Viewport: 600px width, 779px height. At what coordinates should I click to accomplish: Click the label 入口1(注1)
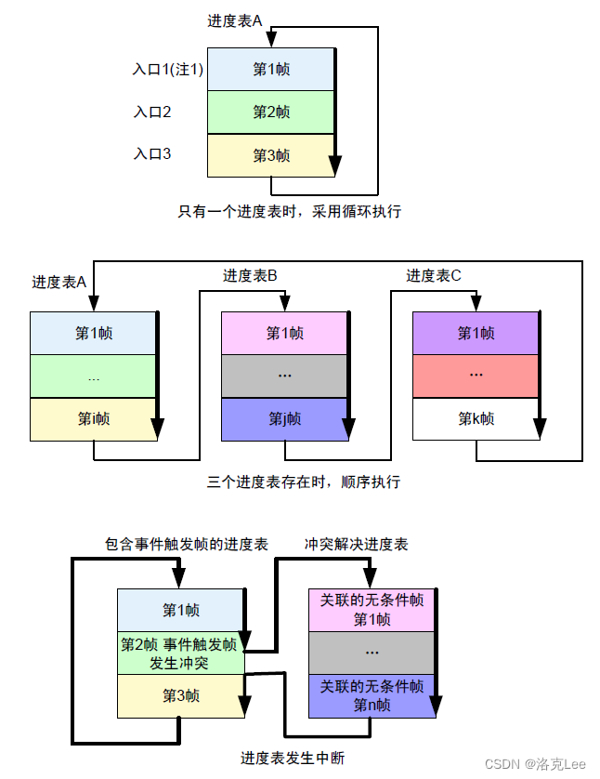coord(167,70)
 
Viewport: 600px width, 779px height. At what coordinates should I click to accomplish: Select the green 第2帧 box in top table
coord(270,112)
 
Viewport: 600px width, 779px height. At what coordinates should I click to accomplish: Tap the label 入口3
coord(152,154)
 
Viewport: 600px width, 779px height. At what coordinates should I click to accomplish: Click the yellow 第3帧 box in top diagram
coord(270,155)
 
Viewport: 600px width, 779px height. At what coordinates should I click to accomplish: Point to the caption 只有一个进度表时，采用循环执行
coord(289,211)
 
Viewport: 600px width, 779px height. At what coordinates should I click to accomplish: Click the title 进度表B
coord(250,276)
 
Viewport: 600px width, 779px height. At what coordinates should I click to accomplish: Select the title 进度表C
coord(433,276)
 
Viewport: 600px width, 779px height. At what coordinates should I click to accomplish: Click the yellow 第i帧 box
coord(93,419)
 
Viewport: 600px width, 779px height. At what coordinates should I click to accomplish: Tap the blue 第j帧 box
coord(284,419)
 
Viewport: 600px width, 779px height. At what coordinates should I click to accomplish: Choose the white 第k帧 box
coord(476,419)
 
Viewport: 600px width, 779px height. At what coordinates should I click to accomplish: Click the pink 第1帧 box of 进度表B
coord(284,333)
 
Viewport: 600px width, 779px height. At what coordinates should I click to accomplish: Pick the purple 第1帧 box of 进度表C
coord(476,333)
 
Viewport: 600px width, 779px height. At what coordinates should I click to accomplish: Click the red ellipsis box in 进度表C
coord(476,376)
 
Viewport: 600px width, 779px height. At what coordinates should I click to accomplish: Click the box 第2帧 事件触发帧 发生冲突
coord(180,654)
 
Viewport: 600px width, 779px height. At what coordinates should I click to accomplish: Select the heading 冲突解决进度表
coord(357,544)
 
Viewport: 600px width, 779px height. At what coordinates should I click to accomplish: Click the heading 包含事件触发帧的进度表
coord(187,544)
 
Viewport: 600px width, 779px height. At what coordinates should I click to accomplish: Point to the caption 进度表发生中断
coord(293,758)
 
